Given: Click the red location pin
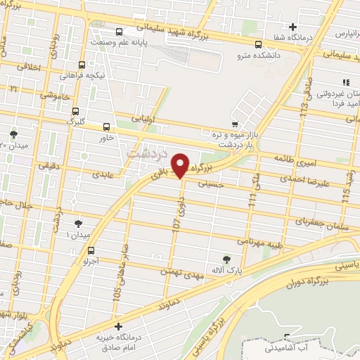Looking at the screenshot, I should (181, 165).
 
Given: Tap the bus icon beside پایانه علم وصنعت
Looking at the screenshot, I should (119, 32).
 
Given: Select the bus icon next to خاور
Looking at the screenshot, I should (106, 127).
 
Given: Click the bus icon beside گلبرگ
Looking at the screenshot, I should (76, 110).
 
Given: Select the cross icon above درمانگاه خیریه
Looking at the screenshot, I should (118, 327).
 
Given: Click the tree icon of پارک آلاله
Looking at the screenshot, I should (225, 259).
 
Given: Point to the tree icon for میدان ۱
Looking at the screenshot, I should (77, 224).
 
